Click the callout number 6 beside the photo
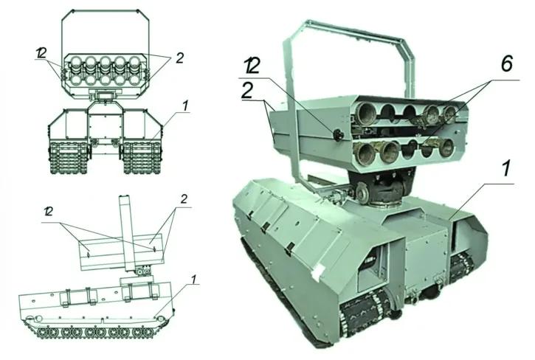507,63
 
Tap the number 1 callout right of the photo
505,169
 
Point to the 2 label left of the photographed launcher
247,90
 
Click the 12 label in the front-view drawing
41,52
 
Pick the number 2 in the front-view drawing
179,58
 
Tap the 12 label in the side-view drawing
48,212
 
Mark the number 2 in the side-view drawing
184,199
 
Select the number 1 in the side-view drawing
193,279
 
